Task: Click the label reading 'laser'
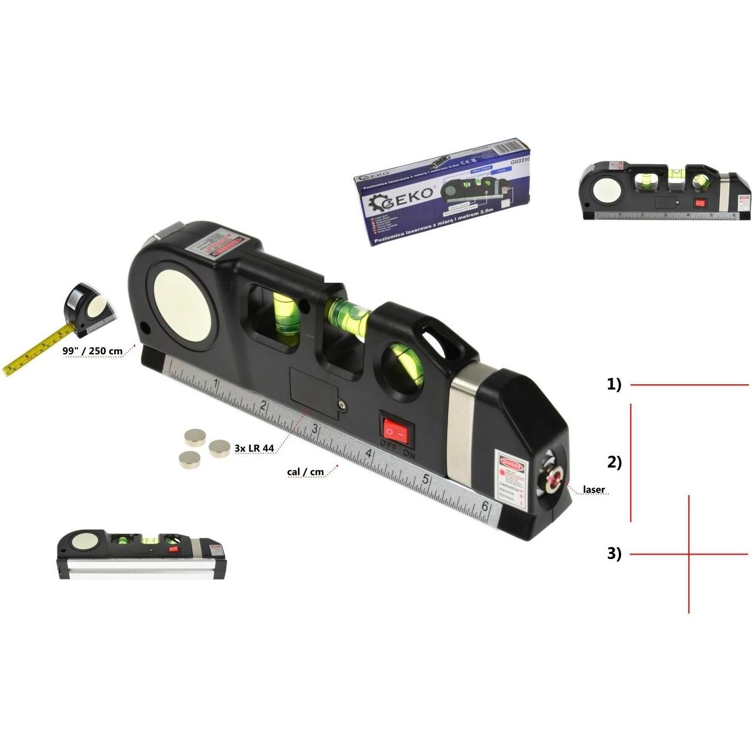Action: point(593,490)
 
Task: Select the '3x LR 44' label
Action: point(254,448)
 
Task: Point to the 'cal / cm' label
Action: point(305,472)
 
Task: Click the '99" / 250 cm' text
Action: point(93,351)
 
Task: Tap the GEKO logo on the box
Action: point(408,196)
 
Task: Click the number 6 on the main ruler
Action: point(485,506)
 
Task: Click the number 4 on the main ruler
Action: point(368,454)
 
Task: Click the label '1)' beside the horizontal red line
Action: point(614,384)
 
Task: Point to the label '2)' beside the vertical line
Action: point(614,462)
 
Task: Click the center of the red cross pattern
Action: point(689,553)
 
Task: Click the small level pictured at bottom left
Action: point(141,554)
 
